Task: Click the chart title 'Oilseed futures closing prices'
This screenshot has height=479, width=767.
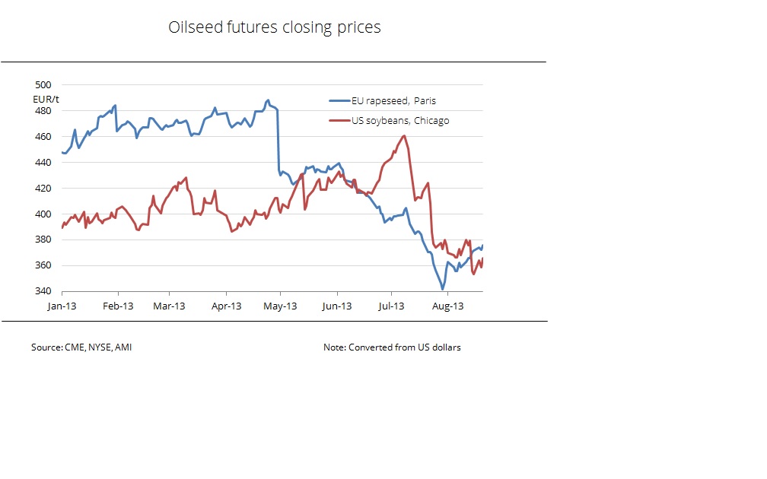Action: click(x=274, y=28)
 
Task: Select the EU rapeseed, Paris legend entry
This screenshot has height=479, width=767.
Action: click(x=393, y=100)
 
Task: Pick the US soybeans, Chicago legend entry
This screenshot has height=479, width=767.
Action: click(x=399, y=120)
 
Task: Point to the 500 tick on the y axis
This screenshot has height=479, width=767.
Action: click(x=43, y=85)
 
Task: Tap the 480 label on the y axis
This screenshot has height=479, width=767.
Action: click(x=43, y=111)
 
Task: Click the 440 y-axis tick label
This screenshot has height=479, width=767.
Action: click(x=43, y=163)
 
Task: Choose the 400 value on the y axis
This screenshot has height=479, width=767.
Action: click(x=43, y=214)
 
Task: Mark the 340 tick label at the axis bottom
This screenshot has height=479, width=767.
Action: click(x=43, y=291)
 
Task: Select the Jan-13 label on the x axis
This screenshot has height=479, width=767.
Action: click(x=62, y=306)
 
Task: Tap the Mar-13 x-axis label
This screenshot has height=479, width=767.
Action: click(x=170, y=306)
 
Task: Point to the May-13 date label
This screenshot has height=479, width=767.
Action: click(x=280, y=306)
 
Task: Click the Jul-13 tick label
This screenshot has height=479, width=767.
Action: click(x=391, y=306)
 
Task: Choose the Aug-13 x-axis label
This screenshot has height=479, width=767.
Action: click(x=447, y=306)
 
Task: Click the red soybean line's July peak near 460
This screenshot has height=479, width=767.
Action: click(x=403, y=136)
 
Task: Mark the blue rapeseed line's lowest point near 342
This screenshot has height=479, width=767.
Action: click(x=442, y=289)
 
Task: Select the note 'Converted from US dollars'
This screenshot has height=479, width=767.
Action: click(x=392, y=347)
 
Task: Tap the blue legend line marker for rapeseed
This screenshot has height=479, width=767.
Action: click(x=339, y=100)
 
